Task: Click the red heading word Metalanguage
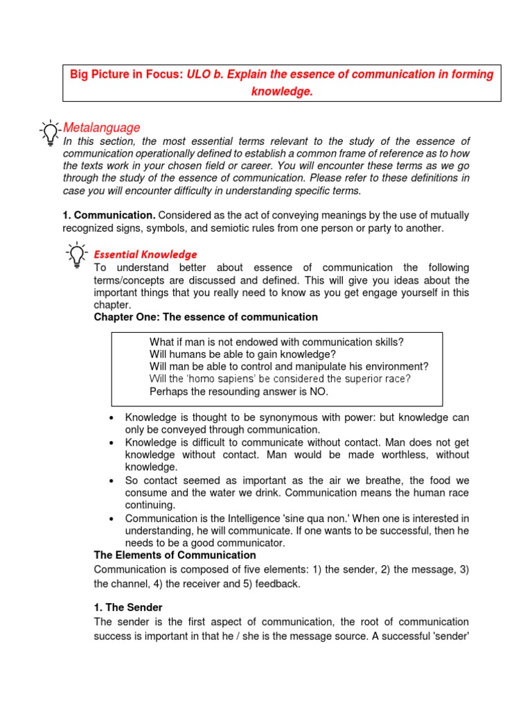pos(101,128)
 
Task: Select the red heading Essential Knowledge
pos(145,254)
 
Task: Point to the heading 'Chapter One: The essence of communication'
pos(206,317)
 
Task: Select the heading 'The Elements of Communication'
pos(175,555)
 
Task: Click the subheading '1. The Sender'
pos(128,607)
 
